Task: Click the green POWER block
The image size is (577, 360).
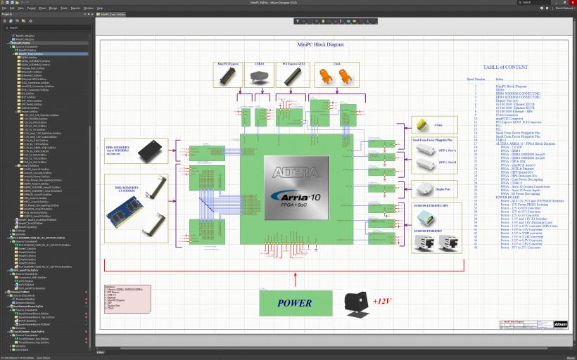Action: [294, 303]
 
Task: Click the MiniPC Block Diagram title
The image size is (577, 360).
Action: [320, 44]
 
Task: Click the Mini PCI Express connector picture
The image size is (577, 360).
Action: [228, 77]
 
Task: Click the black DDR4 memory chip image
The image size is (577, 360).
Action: [153, 150]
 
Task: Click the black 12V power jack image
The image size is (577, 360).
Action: [357, 302]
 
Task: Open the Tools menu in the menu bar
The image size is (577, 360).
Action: [63, 8]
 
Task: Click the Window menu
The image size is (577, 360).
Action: [88, 8]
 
